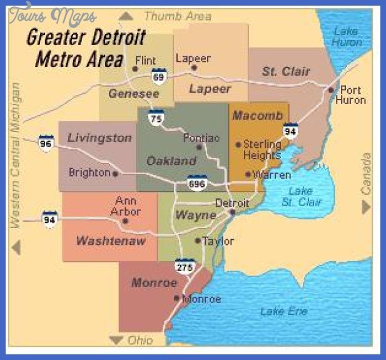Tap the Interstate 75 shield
point(156,116)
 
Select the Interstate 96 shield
point(46,142)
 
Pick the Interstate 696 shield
point(197,182)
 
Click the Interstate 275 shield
point(185,265)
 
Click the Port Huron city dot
point(331,90)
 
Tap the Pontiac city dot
point(200,147)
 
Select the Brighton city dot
point(115,173)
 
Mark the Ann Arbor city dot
point(125,220)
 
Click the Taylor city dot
point(198,240)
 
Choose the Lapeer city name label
point(193,58)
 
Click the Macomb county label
point(258,116)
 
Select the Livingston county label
point(99,138)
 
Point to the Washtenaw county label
point(111,240)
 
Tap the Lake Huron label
point(347,36)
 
